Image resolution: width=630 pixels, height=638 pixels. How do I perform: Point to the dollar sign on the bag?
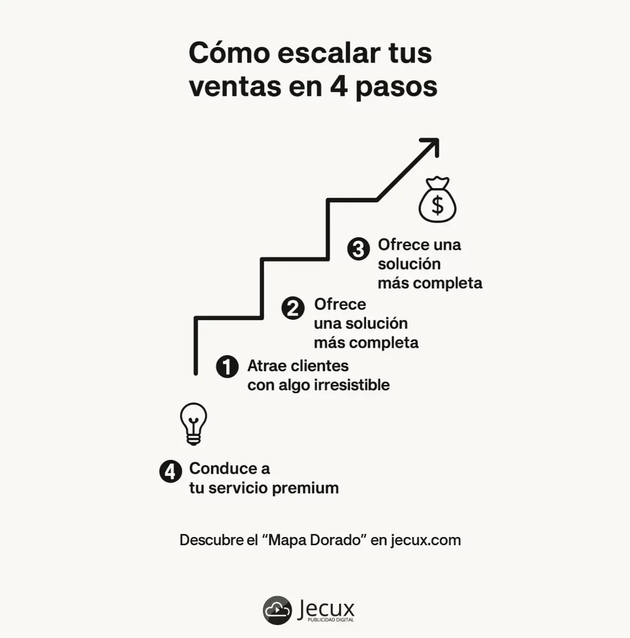pos(437,205)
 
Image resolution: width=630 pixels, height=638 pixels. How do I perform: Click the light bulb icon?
pos(193,423)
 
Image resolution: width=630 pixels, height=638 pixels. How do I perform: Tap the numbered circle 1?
pos(227,366)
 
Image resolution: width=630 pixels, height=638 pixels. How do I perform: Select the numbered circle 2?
pos(293,308)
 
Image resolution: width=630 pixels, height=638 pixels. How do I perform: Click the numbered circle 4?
pos(170,472)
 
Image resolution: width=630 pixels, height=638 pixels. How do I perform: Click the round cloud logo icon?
pos(277,610)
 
